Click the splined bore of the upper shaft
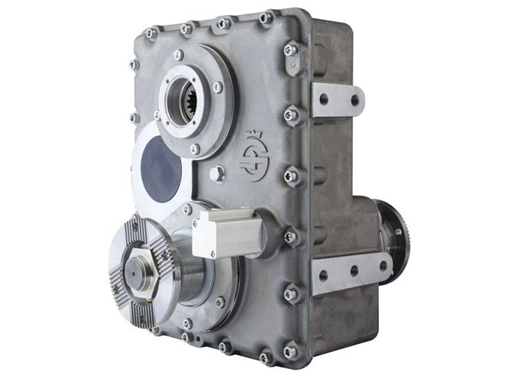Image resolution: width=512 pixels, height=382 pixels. click(186, 99)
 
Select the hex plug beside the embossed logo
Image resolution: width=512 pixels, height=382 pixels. click(218, 173)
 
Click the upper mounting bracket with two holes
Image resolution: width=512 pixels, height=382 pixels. click(336, 99)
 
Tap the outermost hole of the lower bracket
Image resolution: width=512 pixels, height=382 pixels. click(383, 266)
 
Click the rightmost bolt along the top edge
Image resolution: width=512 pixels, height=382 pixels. click(264, 18)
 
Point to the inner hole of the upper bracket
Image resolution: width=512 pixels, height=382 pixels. click(324, 99)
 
